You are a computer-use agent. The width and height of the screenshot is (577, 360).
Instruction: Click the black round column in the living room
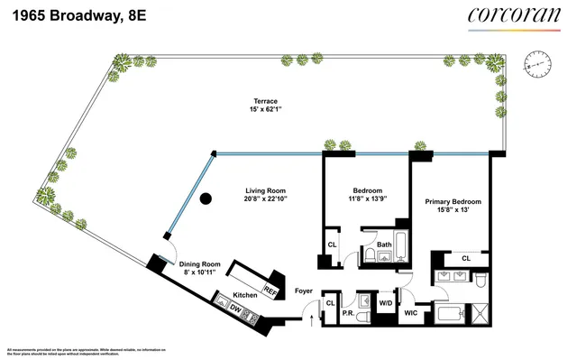click(206, 198)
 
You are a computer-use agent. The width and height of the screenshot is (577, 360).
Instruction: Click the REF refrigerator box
click(269, 291)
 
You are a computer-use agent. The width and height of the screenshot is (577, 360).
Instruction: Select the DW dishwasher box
click(234, 309)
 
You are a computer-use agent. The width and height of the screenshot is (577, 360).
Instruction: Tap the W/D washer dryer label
click(386, 302)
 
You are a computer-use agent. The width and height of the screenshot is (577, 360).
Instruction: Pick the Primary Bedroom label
click(453, 201)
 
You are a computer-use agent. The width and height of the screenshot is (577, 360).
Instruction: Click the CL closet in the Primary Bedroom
click(465, 259)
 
